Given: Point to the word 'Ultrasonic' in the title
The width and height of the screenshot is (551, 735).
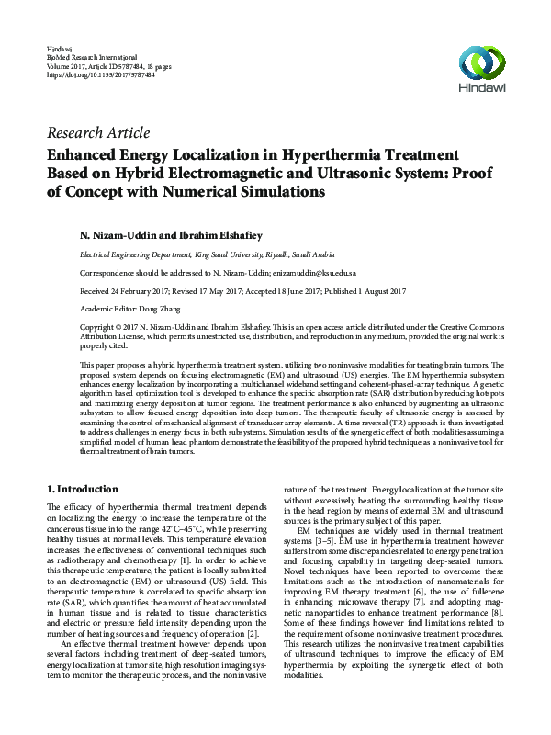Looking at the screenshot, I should [x=358, y=173].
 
